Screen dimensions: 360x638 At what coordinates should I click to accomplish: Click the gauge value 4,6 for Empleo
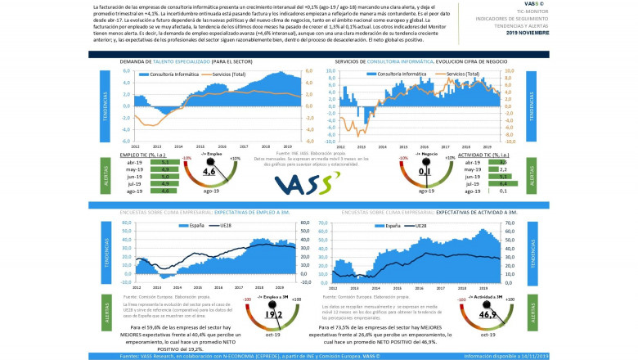(x=209, y=173)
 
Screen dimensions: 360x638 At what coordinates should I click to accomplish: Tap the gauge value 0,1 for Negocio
(x=425, y=173)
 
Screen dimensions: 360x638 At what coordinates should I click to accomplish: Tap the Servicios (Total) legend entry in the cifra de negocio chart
(x=464, y=74)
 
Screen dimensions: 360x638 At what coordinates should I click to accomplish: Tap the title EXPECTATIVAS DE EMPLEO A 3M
(x=250, y=211)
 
